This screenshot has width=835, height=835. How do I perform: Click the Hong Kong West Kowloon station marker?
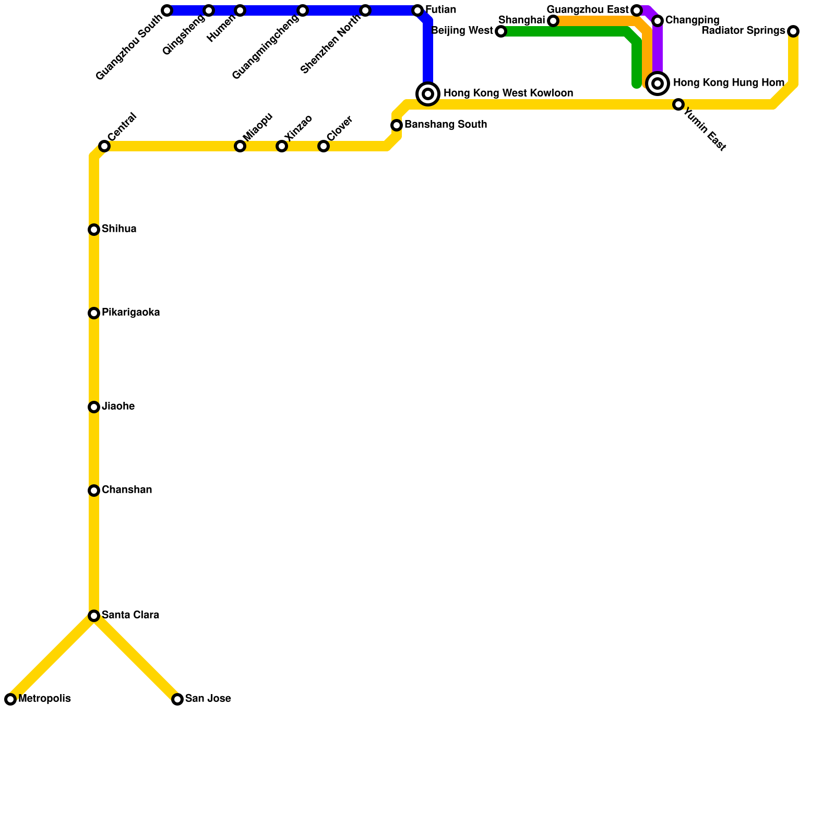428,94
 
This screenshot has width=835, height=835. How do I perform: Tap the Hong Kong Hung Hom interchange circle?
658,83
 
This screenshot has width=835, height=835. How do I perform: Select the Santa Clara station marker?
94,616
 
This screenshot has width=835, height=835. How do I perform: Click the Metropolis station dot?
10,699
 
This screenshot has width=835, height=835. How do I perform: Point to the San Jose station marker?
177,699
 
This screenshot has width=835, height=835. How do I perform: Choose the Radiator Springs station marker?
793,31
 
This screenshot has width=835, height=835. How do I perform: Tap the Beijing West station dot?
501,31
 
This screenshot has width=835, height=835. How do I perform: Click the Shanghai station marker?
553,21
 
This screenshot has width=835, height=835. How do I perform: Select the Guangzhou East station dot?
637,10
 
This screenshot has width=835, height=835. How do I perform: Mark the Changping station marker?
658,21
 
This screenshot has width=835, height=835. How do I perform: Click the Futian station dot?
417,10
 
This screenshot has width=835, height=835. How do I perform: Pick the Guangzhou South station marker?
167,10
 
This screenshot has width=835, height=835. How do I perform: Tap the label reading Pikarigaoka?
130,313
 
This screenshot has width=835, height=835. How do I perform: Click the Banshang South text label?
445,125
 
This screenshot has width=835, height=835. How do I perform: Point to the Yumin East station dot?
678,104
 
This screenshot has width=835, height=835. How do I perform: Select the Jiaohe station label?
118,407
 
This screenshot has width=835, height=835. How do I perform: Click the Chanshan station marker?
94,491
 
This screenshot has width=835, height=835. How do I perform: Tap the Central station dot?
104,146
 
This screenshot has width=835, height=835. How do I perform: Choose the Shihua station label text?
119,229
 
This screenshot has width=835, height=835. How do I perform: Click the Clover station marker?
324,146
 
